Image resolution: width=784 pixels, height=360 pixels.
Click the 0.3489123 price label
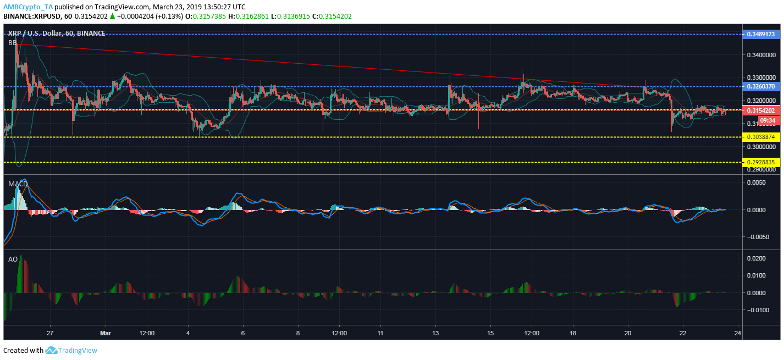pyautogui.click(x=761, y=34)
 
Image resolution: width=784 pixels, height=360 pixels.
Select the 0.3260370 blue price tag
pyautogui.click(x=761, y=86)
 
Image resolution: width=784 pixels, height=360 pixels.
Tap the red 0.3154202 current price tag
pyautogui.click(x=761, y=110)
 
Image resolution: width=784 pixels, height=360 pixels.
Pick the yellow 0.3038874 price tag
pyautogui.click(x=761, y=137)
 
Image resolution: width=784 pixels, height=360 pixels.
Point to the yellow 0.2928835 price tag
pyautogui.click(x=761, y=162)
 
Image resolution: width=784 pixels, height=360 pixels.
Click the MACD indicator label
pyautogui.click(x=18, y=184)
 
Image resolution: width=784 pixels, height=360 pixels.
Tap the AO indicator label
pyautogui.click(x=12, y=258)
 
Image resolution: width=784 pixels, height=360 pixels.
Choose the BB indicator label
pyautogui.click(x=12, y=42)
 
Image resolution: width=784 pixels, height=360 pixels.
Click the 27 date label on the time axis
pyautogui.click(x=50, y=333)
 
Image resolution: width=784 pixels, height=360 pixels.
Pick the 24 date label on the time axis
pyautogui.click(x=738, y=333)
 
